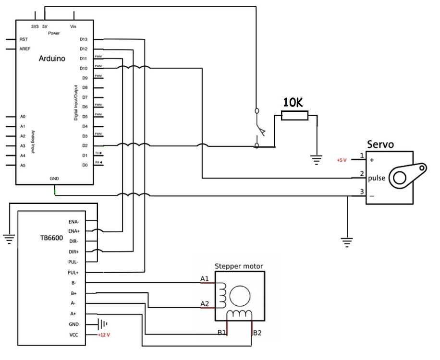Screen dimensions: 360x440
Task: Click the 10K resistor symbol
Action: point(294,115)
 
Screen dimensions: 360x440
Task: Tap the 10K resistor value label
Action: point(293,102)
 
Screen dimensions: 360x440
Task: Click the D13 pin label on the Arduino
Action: point(84,39)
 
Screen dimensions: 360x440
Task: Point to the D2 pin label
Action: point(85,145)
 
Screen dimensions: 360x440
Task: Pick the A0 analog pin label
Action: point(23,117)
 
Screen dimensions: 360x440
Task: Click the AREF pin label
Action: point(25,49)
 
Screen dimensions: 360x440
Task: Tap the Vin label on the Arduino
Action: point(73,26)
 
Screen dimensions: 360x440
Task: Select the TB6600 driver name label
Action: point(51,238)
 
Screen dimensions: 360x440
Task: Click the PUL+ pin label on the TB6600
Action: point(73,272)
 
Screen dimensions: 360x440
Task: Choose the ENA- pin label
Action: point(74,222)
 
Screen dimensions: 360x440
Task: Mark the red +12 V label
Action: point(105,335)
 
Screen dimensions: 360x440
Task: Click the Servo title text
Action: point(381,144)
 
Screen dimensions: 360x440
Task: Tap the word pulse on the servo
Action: point(377,178)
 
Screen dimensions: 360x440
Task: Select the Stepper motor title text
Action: point(239,266)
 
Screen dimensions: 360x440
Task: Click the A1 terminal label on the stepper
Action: point(205,278)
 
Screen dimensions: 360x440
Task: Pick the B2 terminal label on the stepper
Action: point(257,332)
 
